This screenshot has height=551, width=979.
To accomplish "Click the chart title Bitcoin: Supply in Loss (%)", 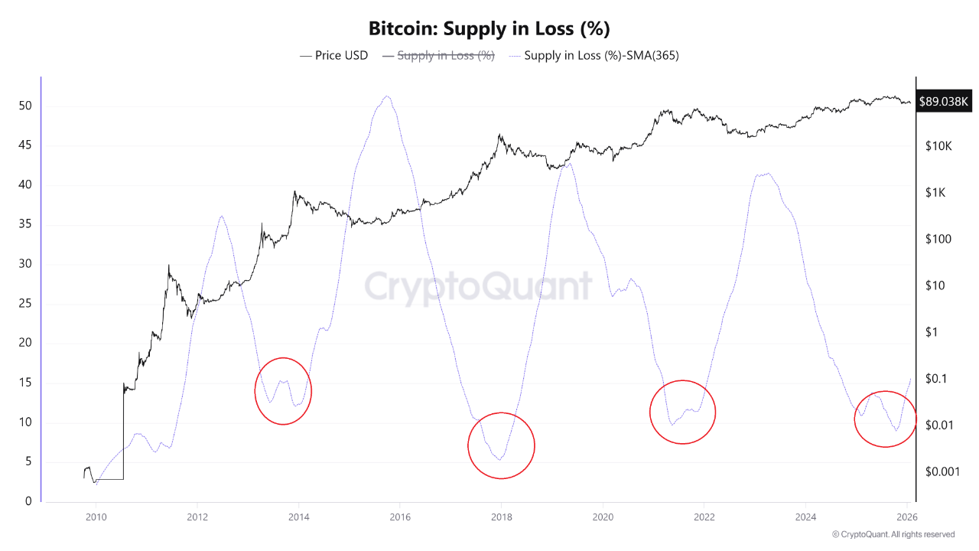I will point(489,29).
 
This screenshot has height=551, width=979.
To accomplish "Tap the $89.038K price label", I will point(944,101).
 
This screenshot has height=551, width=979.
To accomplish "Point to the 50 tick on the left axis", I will point(25,106).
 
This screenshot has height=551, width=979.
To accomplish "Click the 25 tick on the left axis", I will point(25,304).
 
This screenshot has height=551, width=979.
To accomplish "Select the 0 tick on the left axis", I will point(28,501).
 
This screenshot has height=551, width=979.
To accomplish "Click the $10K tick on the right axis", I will point(937,146).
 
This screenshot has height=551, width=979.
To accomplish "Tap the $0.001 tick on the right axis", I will point(942,471).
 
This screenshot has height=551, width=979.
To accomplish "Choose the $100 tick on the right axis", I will point(938,240).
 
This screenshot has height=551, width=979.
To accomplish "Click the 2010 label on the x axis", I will point(96,517).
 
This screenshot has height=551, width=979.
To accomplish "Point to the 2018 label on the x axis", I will point(501,517).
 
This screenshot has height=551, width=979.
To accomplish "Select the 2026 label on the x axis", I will point(906,517).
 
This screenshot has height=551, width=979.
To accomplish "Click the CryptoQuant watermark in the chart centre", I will point(478,286).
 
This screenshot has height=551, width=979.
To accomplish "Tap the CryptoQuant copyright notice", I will point(893,534).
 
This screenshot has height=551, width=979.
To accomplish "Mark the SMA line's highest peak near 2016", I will point(388,96).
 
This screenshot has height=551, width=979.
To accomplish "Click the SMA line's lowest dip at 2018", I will point(499,460).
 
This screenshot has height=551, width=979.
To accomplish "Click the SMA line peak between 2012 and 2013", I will point(222,216).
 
